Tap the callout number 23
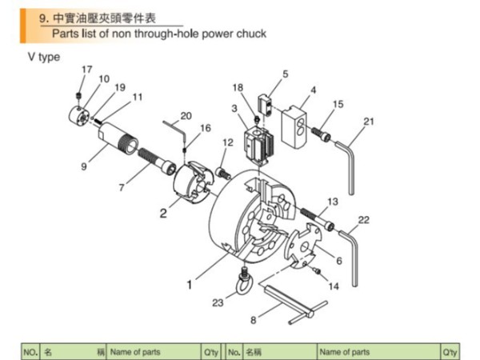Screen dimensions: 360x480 pyautogui.click(x=218, y=302)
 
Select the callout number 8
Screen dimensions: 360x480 pyautogui.click(x=253, y=320)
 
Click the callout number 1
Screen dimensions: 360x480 pyautogui.click(x=190, y=282)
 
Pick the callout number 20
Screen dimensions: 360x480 pyautogui.click(x=186, y=115)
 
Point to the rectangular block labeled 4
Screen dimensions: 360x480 pyautogui.click(x=295, y=124)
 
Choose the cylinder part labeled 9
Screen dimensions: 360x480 pyautogui.click(x=115, y=144)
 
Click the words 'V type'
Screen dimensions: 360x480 pyautogui.click(x=44, y=57)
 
